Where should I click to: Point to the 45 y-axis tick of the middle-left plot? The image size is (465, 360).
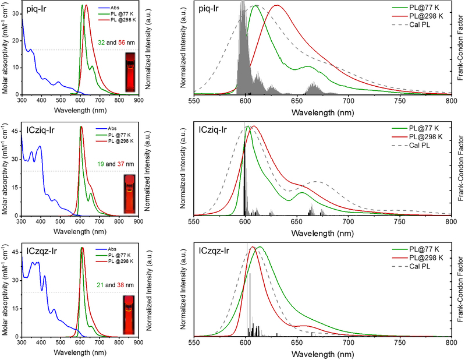click(x=14, y=130)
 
